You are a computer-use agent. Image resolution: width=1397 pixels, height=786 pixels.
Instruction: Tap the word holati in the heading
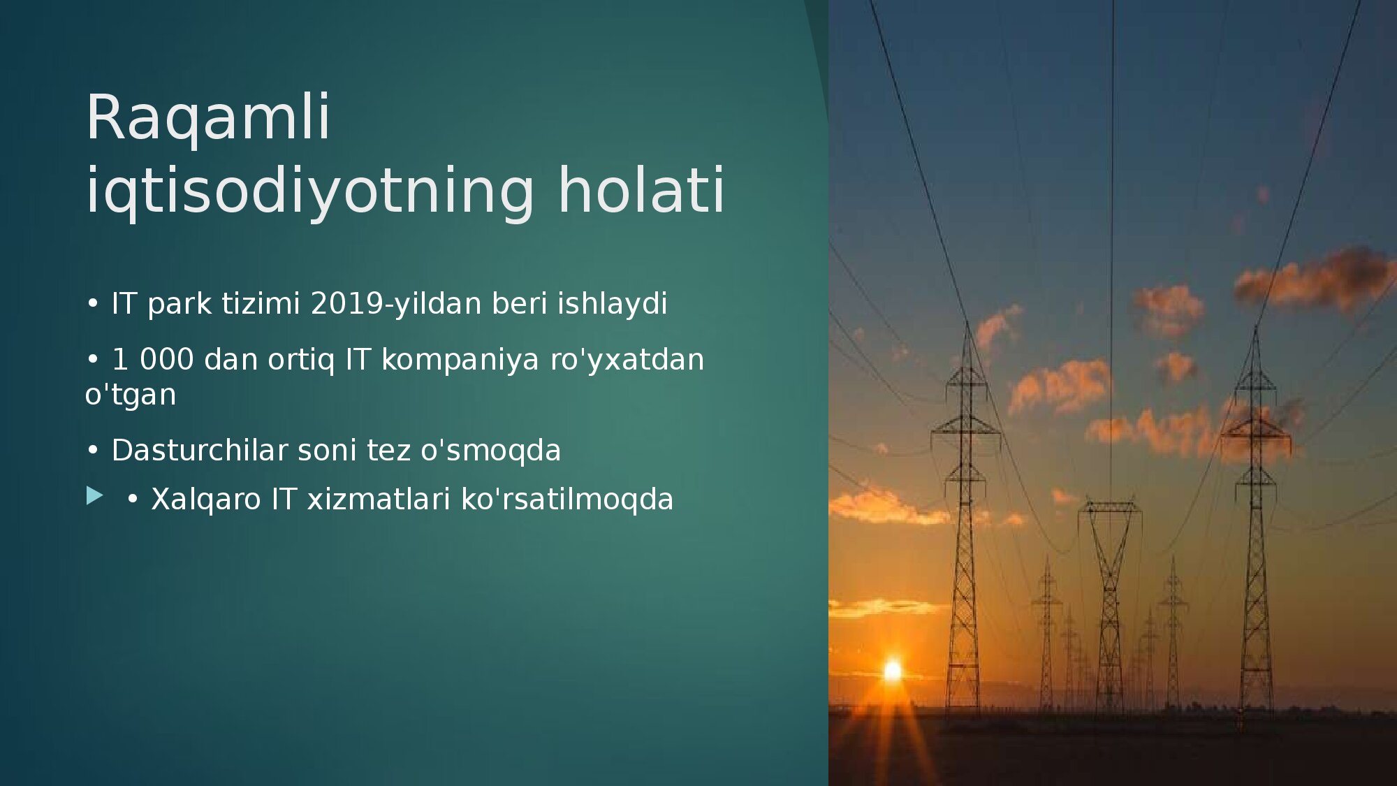(x=641, y=190)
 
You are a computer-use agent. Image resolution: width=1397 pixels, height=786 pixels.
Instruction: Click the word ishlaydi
(x=612, y=305)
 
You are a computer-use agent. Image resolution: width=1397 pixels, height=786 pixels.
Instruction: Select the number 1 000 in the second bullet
(x=152, y=360)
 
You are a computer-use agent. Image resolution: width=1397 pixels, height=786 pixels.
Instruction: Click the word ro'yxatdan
(x=627, y=361)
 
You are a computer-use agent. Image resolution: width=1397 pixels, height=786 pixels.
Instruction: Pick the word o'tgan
(x=131, y=395)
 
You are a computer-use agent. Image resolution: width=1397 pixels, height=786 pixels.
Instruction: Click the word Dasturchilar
(x=200, y=451)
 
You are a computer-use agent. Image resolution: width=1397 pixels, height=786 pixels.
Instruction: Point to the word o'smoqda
(x=490, y=451)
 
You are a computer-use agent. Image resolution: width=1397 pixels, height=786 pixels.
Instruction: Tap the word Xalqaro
(x=206, y=500)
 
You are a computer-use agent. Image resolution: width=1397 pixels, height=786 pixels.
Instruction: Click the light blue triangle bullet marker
(x=94, y=496)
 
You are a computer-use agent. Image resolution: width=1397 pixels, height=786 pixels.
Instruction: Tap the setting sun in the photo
(x=893, y=671)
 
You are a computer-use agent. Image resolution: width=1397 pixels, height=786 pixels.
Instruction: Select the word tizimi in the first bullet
(x=261, y=304)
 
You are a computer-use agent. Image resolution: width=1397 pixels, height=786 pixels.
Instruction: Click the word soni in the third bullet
(x=327, y=451)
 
